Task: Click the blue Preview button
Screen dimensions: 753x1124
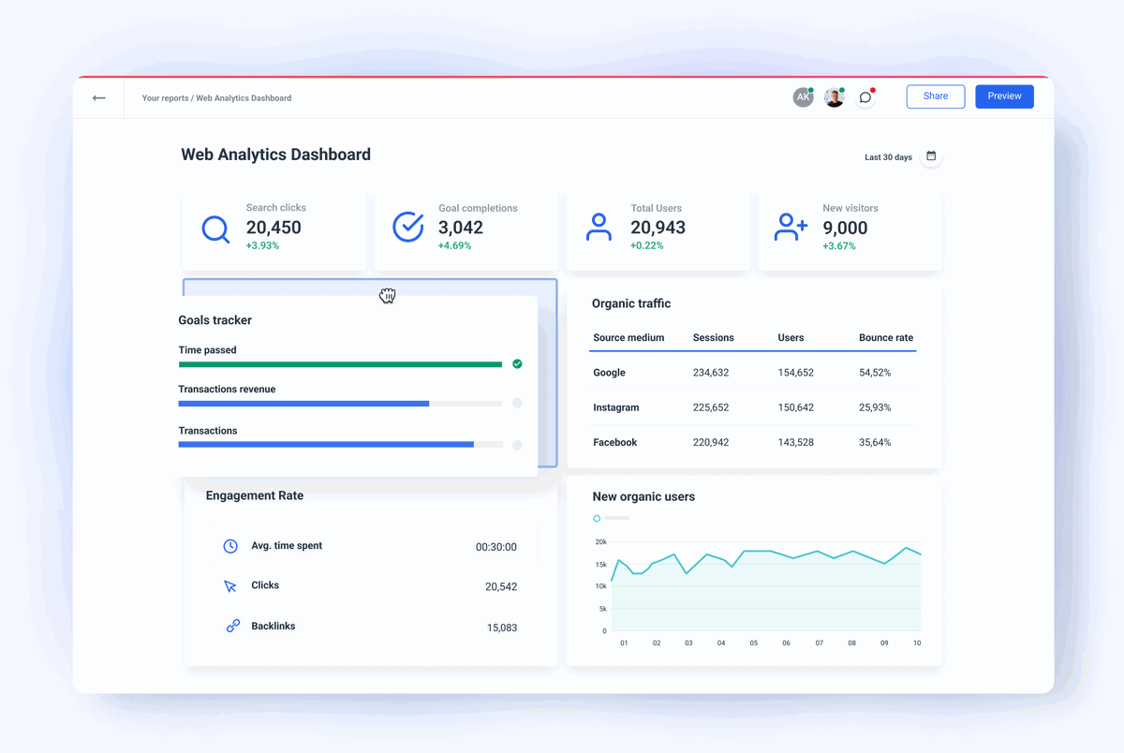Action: pyautogui.click(x=1004, y=96)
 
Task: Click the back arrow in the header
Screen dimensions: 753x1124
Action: pyautogui.click(x=99, y=97)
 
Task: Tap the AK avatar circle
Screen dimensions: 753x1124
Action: pyautogui.click(x=803, y=97)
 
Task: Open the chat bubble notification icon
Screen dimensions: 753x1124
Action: pyautogui.click(x=865, y=97)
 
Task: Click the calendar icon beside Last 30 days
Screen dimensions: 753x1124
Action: pyautogui.click(x=931, y=156)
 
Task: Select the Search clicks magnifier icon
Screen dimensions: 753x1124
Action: pyautogui.click(x=215, y=229)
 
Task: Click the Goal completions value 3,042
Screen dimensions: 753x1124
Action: pyautogui.click(x=461, y=228)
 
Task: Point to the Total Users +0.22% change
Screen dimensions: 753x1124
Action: pyautogui.click(x=645, y=246)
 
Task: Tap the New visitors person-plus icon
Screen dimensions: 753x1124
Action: pyautogui.click(x=791, y=228)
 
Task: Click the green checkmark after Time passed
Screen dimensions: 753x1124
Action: pyautogui.click(x=517, y=363)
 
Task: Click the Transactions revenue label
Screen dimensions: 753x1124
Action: pyautogui.click(x=227, y=390)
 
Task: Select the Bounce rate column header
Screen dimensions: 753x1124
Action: pyautogui.click(x=885, y=338)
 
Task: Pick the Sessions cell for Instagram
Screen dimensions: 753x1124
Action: pyautogui.click(x=711, y=408)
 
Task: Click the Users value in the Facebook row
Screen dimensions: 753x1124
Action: pyautogui.click(x=795, y=443)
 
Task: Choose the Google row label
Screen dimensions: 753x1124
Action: pyautogui.click(x=609, y=373)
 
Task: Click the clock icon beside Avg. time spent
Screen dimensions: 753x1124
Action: pyautogui.click(x=230, y=546)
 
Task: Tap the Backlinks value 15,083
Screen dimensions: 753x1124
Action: pyautogui.click(x=501, y=627)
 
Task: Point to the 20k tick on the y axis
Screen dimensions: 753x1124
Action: pyautogui.click(x=600, y=542)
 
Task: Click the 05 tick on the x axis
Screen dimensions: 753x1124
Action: pyautogui.click(x=753, y=643)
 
